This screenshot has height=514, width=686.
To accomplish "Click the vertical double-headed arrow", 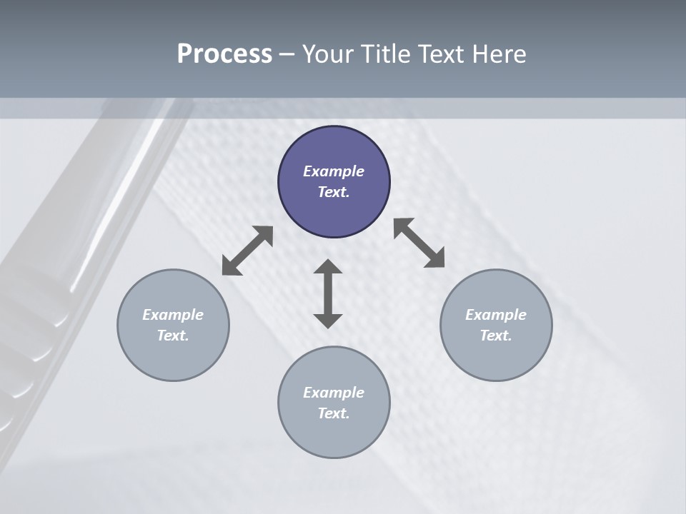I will point(328,293).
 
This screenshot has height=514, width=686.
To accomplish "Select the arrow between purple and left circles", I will point(247,251).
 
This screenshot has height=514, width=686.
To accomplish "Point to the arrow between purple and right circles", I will point(419,243).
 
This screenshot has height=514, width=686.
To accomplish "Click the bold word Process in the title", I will point(224,54).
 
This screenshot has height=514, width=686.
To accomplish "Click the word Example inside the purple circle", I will point(334,171).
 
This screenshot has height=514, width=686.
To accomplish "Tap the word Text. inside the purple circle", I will point(334,192).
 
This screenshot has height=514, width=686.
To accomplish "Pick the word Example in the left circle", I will point(173,315).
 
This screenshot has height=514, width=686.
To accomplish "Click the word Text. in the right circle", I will point(496,336).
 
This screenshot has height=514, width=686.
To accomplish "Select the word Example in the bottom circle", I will point(334,393).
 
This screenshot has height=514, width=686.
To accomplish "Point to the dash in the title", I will point(287,54).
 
